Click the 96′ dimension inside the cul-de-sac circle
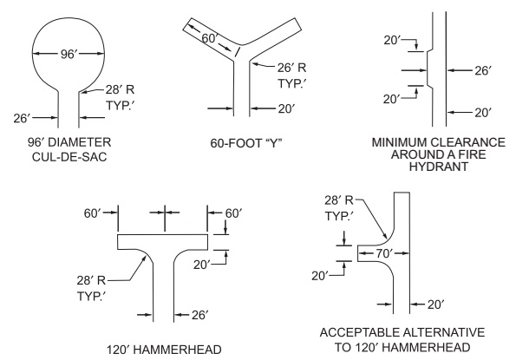click(68, 54)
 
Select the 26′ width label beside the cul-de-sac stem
click(22, 118)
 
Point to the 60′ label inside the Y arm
click(210, 38)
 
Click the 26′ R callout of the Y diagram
click(291, 68)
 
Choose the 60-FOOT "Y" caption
click(246, 143)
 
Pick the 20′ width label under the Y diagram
click(286, 108)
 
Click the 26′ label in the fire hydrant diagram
click(483, 70)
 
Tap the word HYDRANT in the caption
click(439, 167)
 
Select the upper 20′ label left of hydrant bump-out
click(392, 41)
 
